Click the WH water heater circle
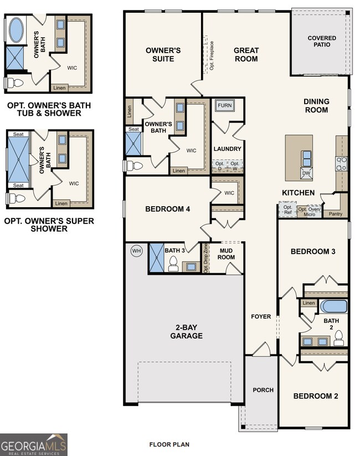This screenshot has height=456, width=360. (x=136, y=251)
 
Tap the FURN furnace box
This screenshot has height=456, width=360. (x=224, y=105)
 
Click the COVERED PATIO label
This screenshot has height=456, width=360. (x=322, y=42)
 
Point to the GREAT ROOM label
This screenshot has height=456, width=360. (x=246, y=54)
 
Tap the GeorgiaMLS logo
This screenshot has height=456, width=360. (x=34, y=444)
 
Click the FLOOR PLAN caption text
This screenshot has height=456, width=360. (x=169, y=444)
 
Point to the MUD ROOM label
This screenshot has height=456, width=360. (x=226, y=254)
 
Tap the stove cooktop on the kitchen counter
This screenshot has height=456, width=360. (x=342, y=163)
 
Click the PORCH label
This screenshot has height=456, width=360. (x=263, y=390)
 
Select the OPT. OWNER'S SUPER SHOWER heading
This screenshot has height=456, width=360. (x=49, y=224)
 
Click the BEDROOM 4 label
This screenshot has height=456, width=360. (x=168, y=209)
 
